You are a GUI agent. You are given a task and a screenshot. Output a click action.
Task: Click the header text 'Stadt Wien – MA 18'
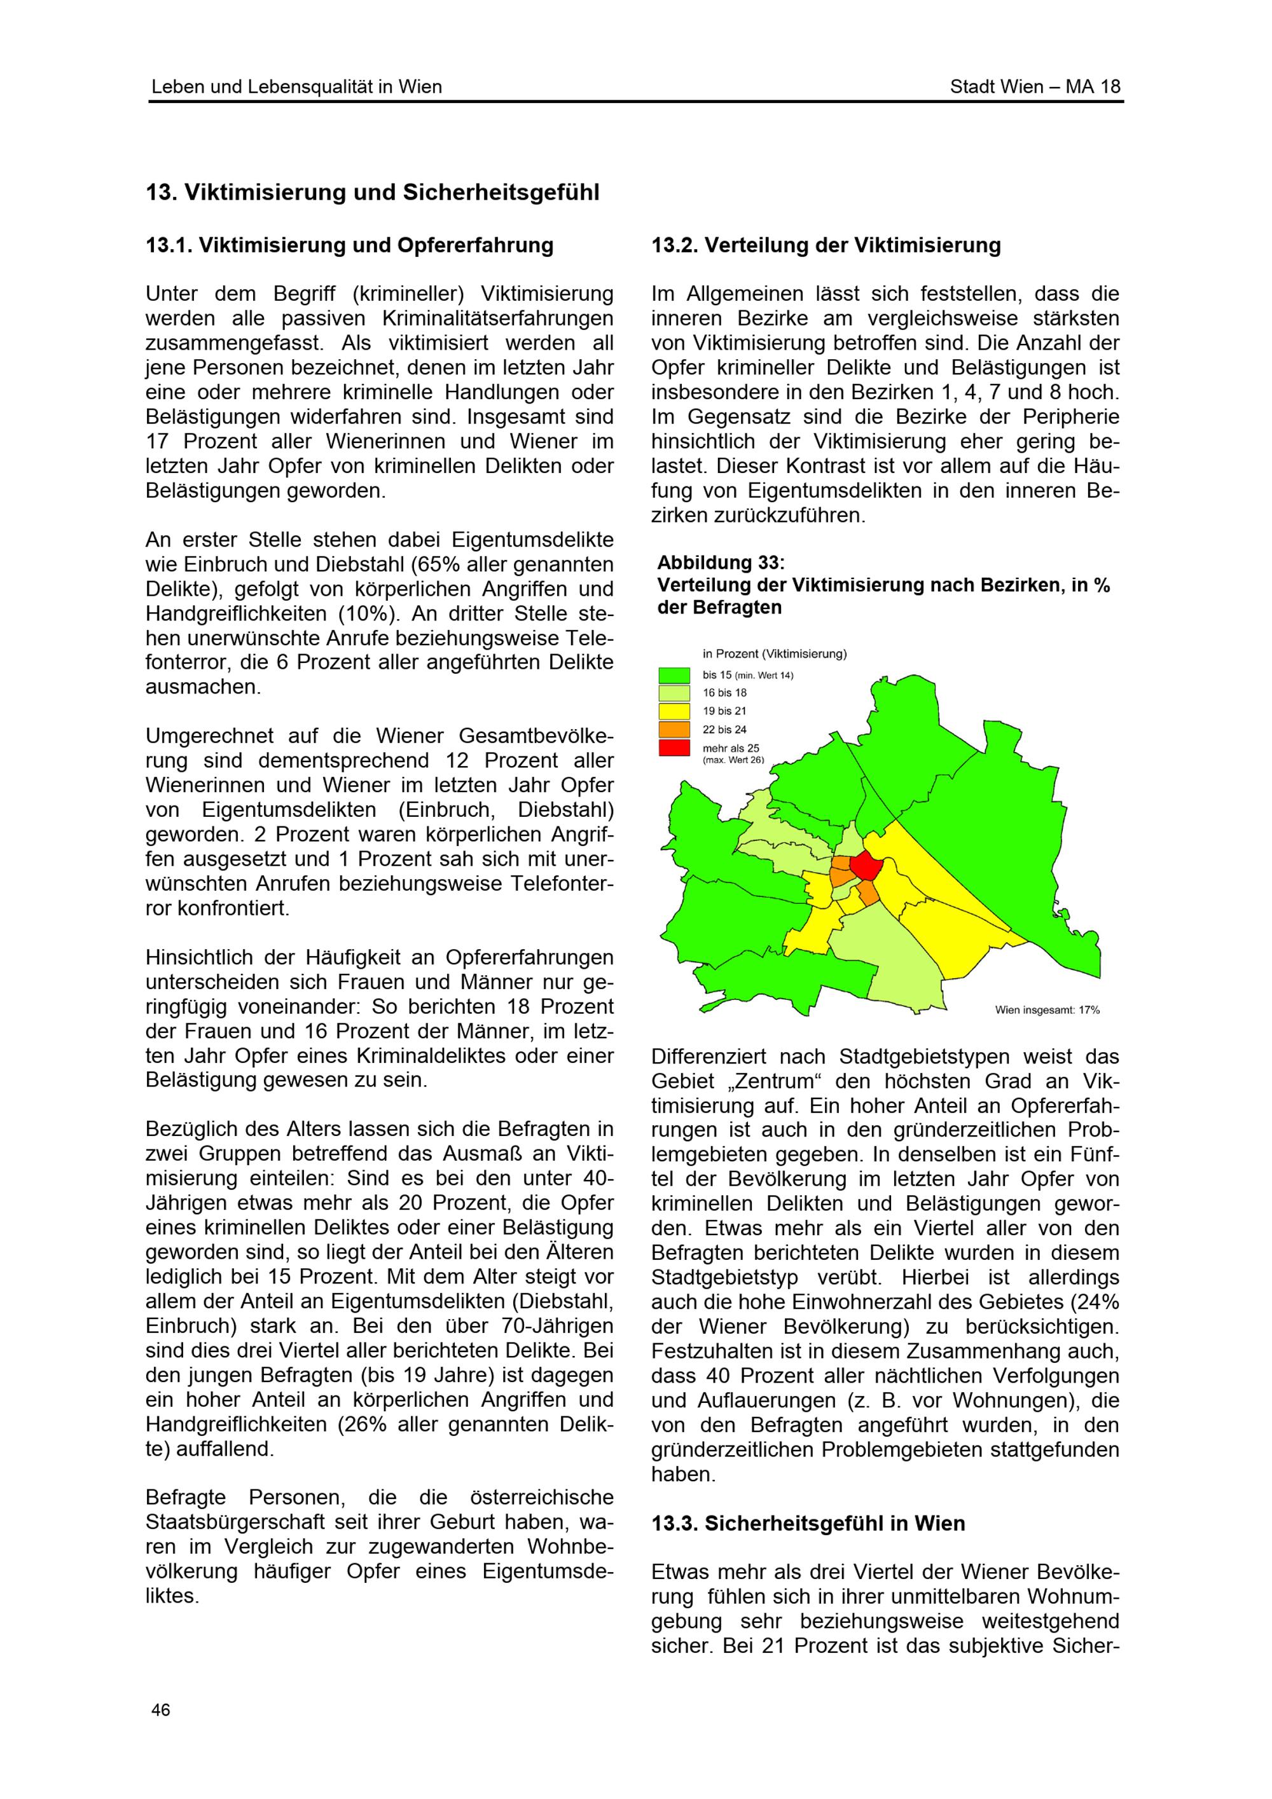[1035, 87]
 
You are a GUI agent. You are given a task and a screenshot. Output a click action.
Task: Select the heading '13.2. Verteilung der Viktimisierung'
[826, 245]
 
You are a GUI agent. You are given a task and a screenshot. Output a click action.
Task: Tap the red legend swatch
[674, 748]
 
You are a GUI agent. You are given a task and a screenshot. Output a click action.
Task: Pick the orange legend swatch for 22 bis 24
[674, 730]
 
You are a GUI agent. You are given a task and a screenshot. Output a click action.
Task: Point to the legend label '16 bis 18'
[724, 693]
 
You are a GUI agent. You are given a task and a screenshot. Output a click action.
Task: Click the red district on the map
[865, 866]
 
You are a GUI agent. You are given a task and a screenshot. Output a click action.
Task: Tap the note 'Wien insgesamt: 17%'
[1047, 1010]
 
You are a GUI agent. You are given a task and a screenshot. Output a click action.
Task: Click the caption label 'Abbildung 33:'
[720, 563]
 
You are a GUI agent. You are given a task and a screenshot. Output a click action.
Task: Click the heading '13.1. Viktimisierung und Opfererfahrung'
[350, 245]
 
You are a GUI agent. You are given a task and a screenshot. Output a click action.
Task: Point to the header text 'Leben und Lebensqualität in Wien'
[296, 87]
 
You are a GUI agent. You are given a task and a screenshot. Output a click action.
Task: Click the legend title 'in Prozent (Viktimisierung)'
[774, 653]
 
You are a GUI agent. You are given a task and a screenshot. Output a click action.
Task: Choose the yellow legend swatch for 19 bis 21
[674, 711]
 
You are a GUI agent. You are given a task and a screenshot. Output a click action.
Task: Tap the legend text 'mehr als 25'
[730, 748]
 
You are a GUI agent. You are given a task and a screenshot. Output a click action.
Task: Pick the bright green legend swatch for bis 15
[674, 674]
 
